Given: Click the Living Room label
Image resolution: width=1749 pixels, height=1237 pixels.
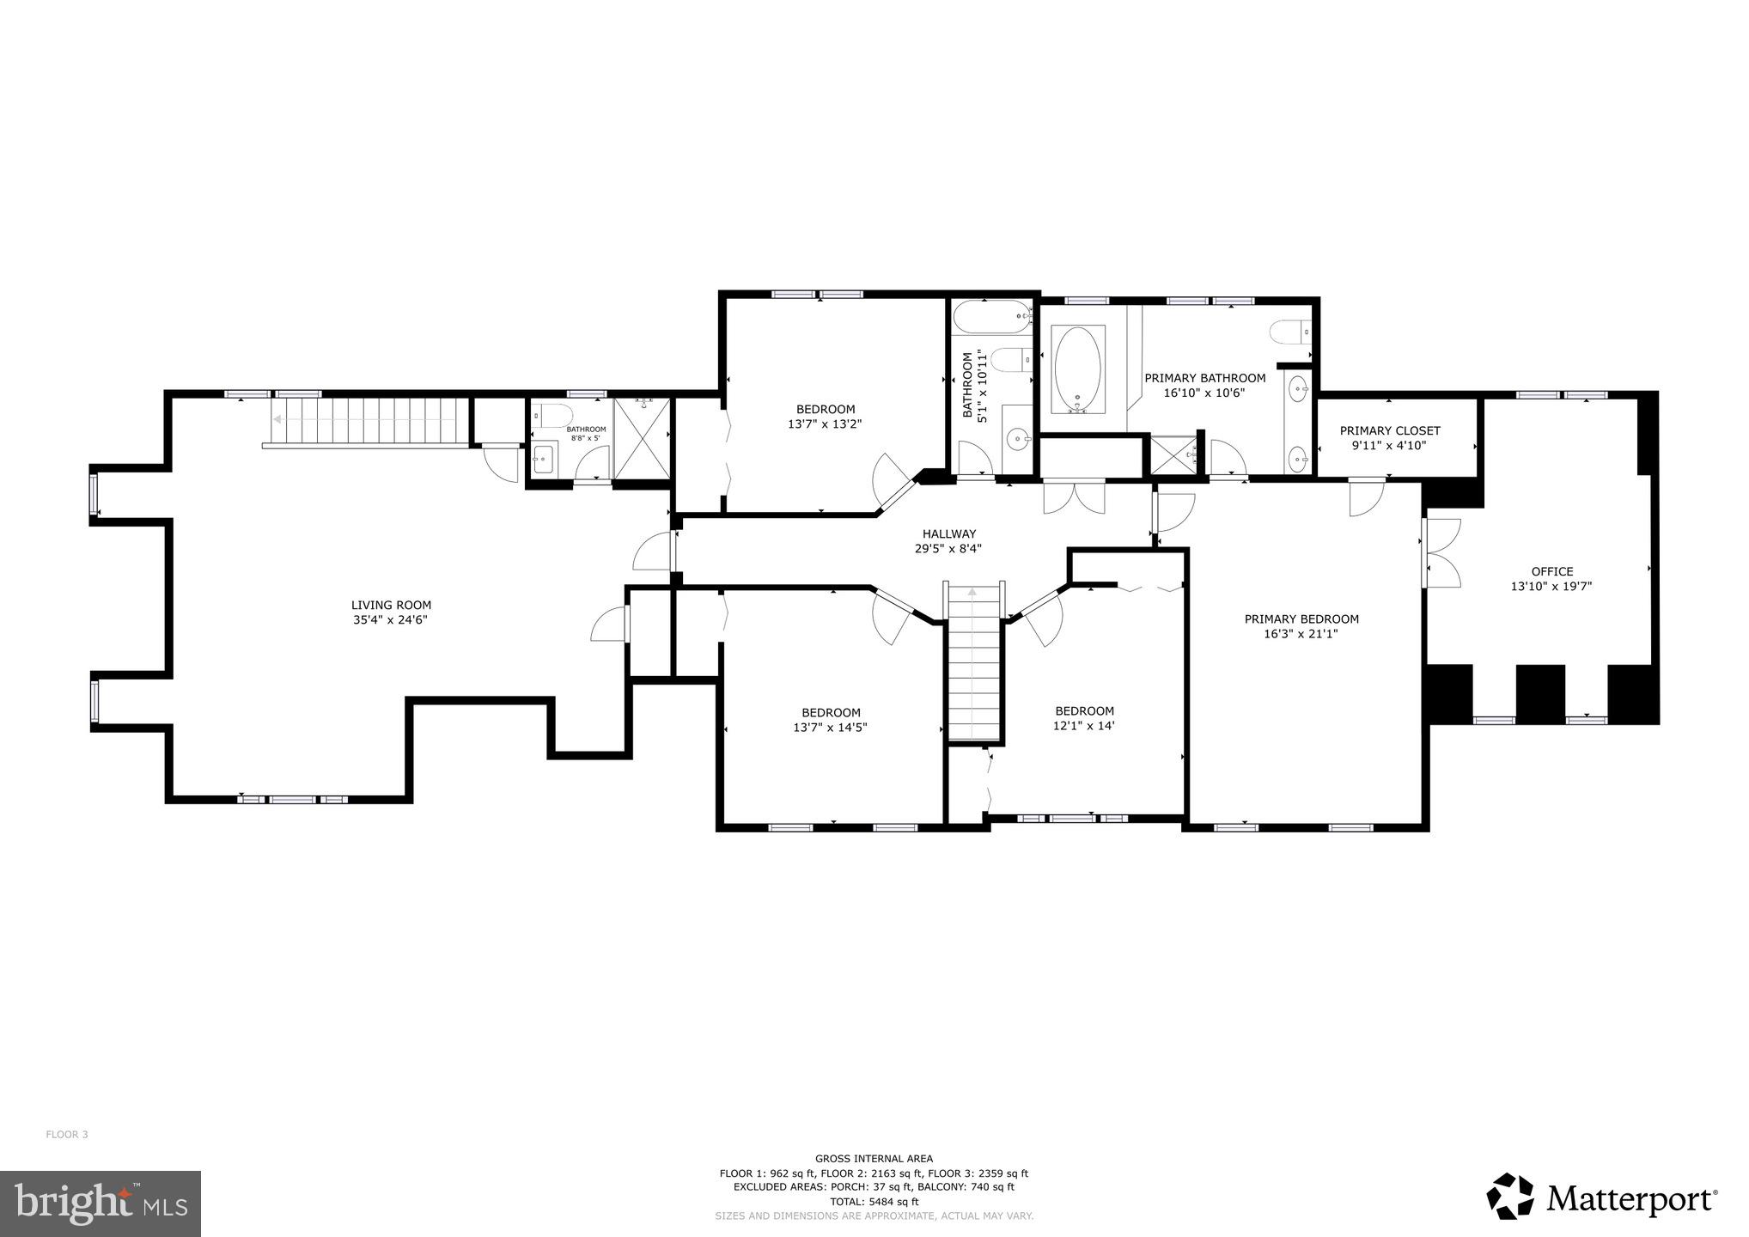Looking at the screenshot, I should coord(391,605).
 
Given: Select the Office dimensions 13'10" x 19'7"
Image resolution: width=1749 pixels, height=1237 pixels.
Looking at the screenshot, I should coord(1551,587).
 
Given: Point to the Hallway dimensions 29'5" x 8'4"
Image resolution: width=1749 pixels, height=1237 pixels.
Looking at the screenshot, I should coord(948,548).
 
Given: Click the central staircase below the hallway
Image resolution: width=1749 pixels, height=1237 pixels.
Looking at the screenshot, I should coord(974,666).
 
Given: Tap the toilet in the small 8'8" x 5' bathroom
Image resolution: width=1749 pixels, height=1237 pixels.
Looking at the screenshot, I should coord(555,416).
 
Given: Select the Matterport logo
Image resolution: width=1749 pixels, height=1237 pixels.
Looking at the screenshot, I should coord(1602,1197).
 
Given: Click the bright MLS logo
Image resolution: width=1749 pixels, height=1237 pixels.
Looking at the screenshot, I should coord(101,1203).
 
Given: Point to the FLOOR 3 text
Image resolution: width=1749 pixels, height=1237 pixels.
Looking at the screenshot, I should coord(67,1134).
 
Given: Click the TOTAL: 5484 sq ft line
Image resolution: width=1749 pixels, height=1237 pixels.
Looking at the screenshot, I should coord(874,1202).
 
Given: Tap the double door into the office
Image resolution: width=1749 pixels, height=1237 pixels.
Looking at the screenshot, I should coord(1441,552).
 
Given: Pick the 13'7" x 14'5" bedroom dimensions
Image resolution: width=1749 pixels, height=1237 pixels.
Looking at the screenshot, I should coord(830,728).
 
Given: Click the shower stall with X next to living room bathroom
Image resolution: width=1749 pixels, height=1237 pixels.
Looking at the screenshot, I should coord(643,439).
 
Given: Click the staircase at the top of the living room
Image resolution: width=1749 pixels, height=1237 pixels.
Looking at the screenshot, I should coord(369,421).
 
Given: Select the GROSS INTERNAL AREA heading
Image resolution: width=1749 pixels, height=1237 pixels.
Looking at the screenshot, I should coord(874,1158).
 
